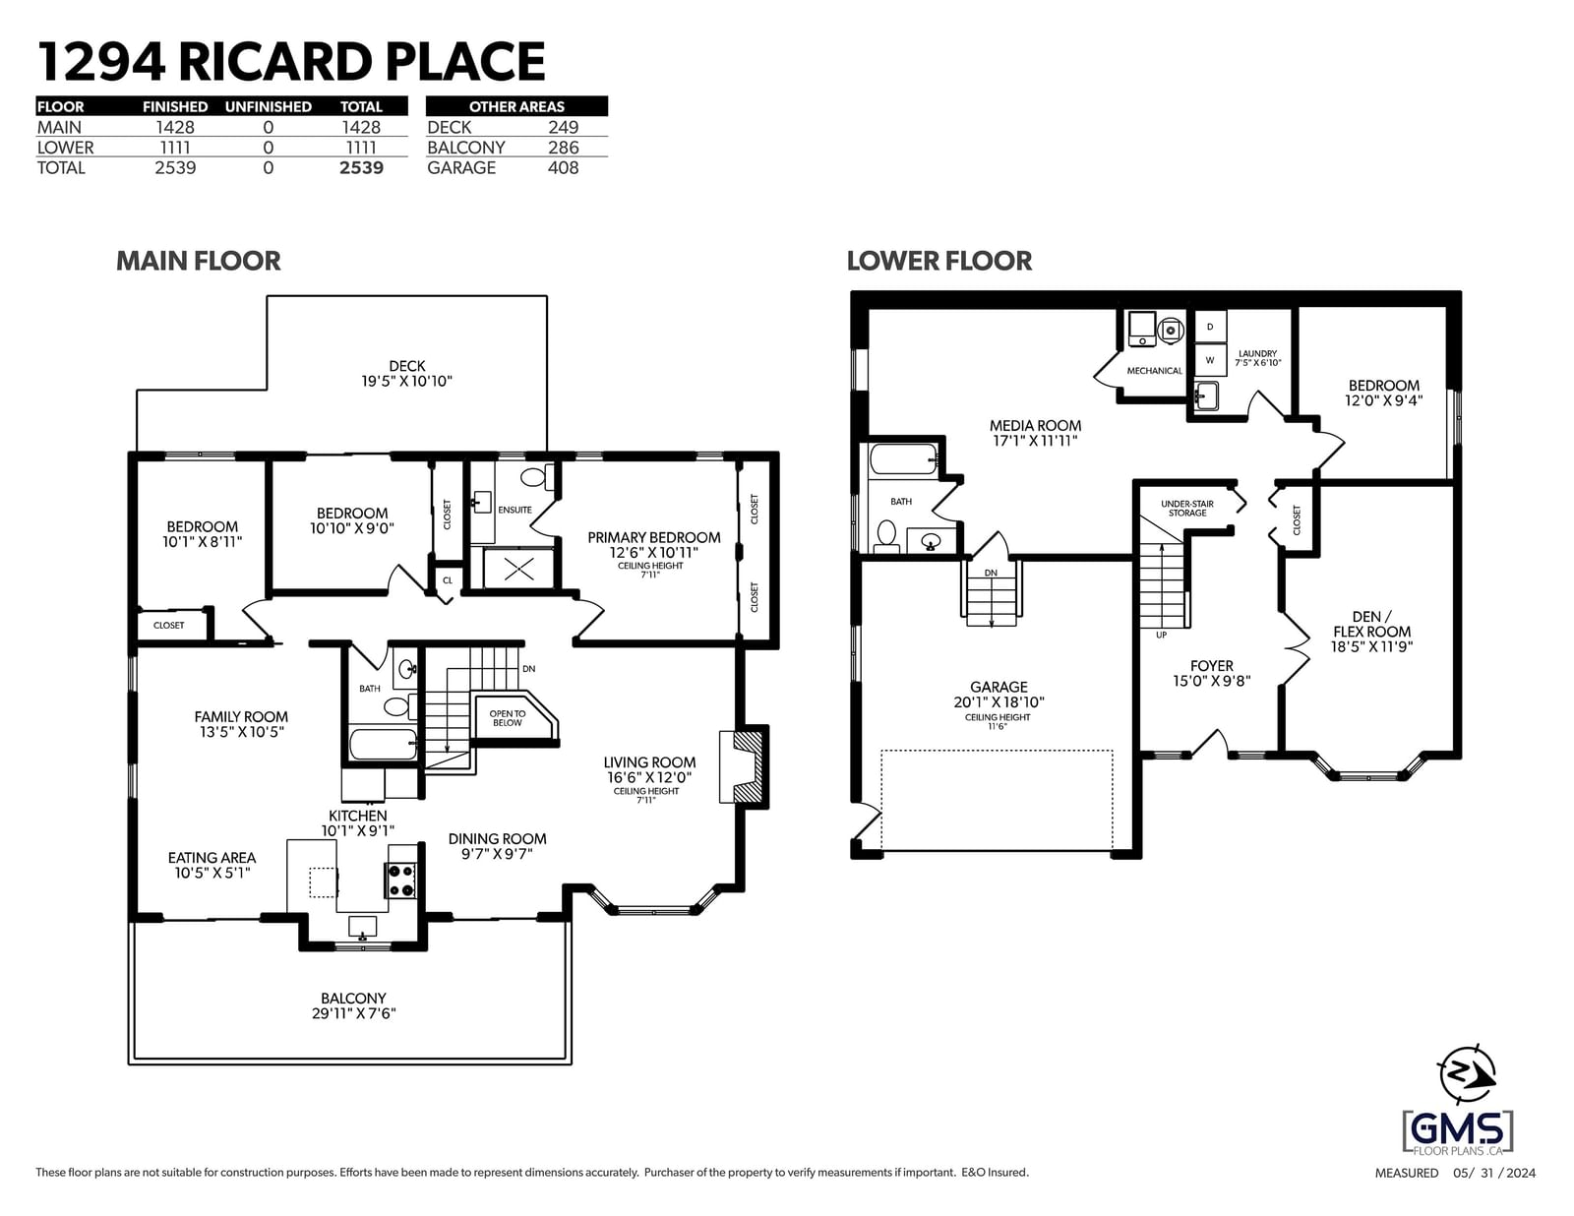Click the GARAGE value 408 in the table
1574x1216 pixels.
point(563,168)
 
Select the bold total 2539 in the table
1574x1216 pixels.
point(361,168)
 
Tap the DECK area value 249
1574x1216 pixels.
point(563,128)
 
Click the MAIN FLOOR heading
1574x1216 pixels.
point(199,261)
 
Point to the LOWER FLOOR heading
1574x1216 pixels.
point(938,261)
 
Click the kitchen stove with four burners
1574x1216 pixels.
point(400,881)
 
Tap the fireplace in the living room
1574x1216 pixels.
point(744,767)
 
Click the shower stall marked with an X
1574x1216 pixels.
point(518,569)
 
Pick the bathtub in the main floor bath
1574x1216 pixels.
point(384,745)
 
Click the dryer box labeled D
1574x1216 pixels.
point(1210,327)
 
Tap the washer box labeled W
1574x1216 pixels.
point(1210,360)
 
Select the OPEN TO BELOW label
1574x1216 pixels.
point(507,718)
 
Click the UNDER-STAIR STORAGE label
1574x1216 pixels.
point(1187,509)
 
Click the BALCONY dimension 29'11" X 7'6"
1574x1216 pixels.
point(354,1014)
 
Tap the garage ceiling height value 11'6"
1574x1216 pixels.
point(998,726)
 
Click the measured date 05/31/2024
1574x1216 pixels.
point(1494,1174)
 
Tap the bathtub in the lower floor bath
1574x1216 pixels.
point(903,459)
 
